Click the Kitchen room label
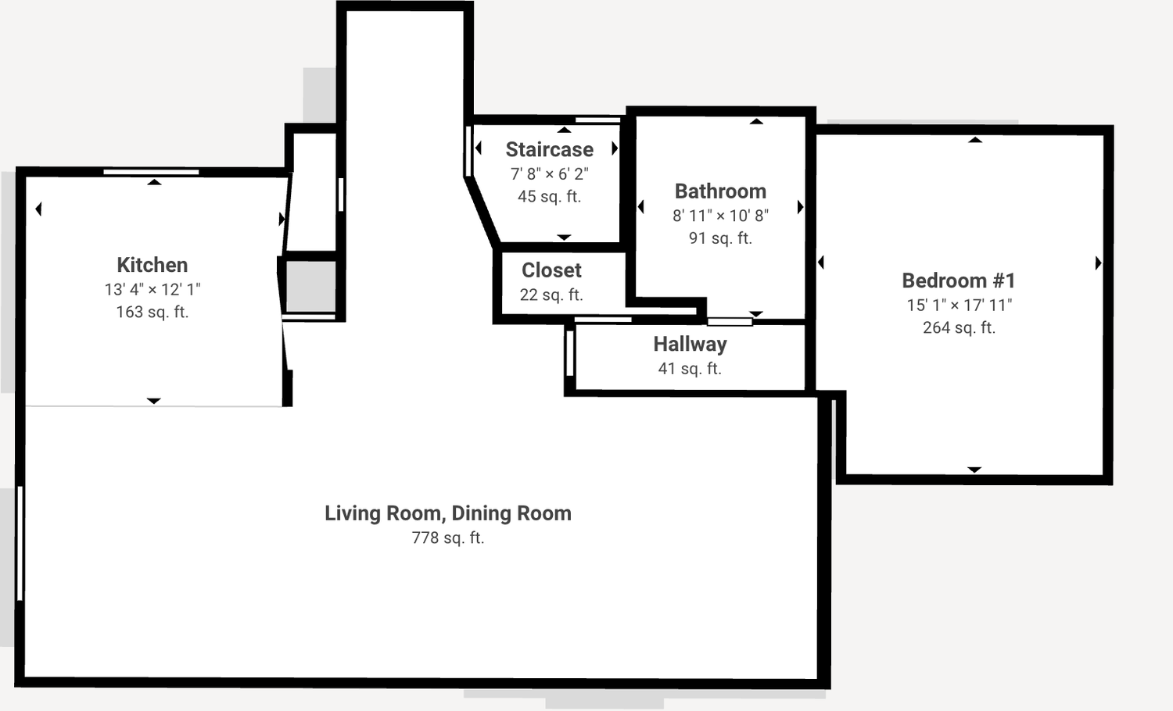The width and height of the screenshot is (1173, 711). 152,265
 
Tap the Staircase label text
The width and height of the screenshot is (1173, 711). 549,150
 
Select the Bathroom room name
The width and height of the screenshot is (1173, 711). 720,191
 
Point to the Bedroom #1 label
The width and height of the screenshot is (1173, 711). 959,281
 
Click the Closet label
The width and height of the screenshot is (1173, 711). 551,270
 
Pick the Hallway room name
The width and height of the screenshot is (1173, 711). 691,345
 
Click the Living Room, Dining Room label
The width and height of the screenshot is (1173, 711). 448,513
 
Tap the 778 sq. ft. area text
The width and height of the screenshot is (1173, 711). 448,538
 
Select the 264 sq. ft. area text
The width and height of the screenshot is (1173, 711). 959,327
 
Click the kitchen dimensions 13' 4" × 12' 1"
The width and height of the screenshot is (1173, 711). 152,289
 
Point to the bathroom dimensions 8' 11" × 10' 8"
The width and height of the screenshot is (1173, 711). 720,216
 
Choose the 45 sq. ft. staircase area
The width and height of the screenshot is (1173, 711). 549,197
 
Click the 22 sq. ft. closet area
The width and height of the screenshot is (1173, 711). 551,295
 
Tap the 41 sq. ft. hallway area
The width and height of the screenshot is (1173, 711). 691,369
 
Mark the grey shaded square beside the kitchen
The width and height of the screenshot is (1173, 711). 310,287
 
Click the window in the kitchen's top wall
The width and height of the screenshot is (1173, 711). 151,172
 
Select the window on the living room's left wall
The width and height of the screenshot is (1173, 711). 20,543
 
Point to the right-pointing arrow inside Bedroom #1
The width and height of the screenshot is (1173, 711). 1099,263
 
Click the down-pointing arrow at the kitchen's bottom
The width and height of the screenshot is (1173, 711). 153,401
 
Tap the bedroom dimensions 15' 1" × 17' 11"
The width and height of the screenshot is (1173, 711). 959,305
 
